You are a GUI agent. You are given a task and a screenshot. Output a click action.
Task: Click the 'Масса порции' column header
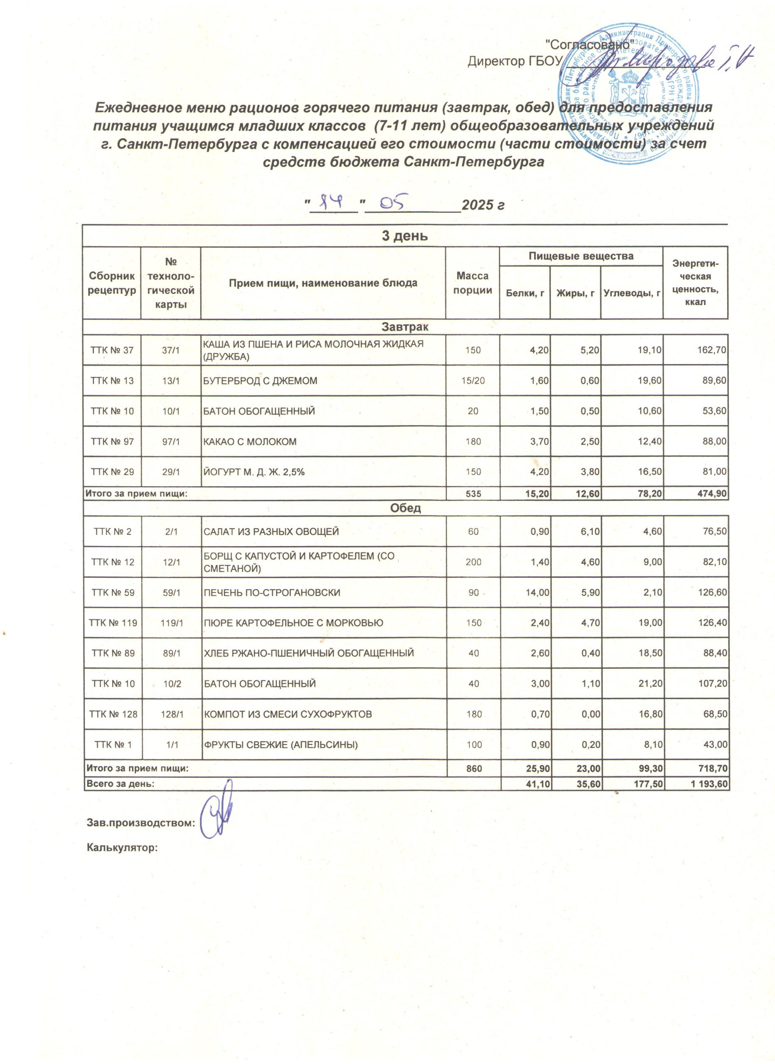[472, 283]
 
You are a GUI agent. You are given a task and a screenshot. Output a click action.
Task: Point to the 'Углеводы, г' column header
[632, 293]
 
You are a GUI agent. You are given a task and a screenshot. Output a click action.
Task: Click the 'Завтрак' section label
[405, 325]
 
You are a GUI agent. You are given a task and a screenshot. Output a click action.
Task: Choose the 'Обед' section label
[405, 507]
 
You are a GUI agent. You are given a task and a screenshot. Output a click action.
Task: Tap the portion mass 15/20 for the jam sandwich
[472, 381]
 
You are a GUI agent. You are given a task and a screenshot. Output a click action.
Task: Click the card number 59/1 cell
[171, 593]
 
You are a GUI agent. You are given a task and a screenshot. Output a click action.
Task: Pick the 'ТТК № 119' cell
[113, 623]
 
